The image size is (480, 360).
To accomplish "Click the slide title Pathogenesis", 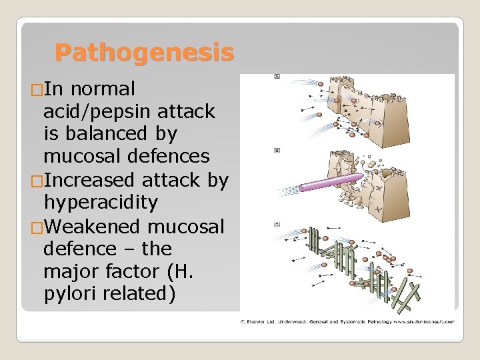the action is point(144,52).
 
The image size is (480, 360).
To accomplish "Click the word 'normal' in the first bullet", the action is point(103,88).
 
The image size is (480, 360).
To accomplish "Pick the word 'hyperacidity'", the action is point(100,203).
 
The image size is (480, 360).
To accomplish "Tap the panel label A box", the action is point(277,77).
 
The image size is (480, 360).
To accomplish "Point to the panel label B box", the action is point(277,151).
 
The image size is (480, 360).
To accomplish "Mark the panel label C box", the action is point(277,225).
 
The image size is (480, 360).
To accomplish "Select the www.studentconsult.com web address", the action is point(425,321).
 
